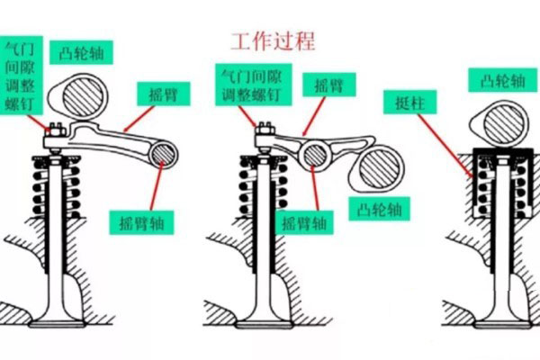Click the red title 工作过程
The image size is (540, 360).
point(273,40)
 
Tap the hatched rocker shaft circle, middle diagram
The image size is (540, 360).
point(316,155)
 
